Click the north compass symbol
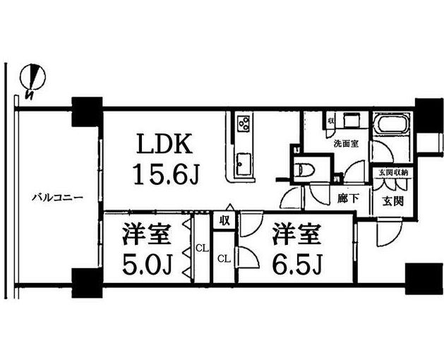coord(32,80)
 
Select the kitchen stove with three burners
coord(244,124)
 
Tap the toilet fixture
coord(308,169)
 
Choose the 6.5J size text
coord(296,266)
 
